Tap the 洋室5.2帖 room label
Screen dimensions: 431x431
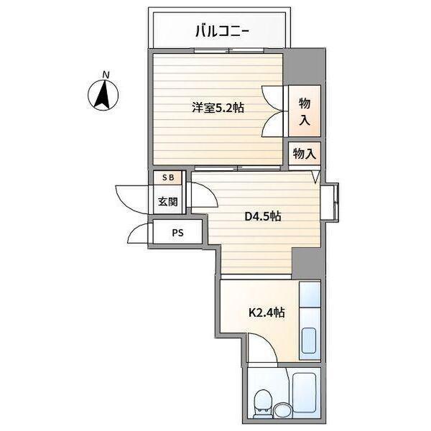(x=218, y=108)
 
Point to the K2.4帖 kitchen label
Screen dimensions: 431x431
(x=267, y=312)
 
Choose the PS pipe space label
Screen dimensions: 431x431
(x=177, y=233)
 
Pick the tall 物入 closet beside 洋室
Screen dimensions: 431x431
(x=304, y=111)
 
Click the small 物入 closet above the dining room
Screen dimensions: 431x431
(x=304, y=153)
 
